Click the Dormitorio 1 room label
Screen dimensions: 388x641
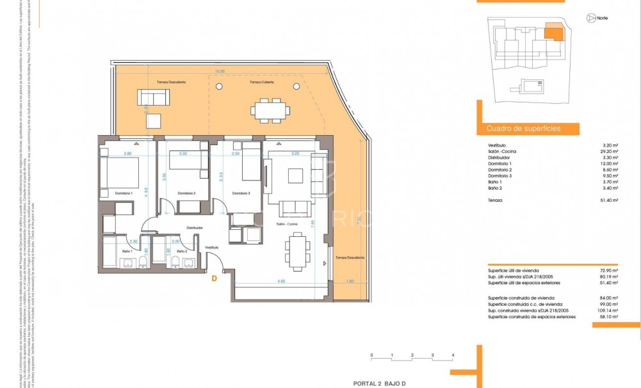(x=124, y=193)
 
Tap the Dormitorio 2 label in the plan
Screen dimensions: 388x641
(x=186, y=193)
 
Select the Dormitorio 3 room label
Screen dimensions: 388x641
(x=240, y=193)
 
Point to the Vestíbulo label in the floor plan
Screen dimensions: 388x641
(x=211, y=247)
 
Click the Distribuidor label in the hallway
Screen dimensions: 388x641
(x=195, y=227)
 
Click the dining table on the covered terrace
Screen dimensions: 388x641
(x=268, y=109)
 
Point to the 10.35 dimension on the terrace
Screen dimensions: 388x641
(x=220, y=71)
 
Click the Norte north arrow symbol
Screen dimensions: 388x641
(x=588, y=19)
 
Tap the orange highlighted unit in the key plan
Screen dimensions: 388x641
(x=554, y=32)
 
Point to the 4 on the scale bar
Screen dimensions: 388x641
(x=453, y=354)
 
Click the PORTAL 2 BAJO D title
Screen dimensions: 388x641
(x=384, y=383)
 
